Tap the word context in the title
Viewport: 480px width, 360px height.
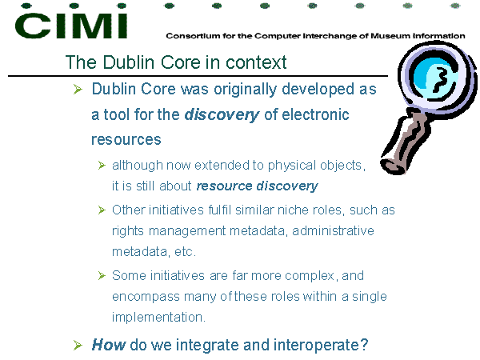(256, 62)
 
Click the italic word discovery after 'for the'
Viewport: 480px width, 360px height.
(222, 115)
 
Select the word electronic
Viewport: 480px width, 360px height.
(315, 114)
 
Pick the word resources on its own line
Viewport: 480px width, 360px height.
(126, 140)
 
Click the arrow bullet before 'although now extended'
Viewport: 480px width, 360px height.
(102, 166)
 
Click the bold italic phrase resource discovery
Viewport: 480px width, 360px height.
(257, 186)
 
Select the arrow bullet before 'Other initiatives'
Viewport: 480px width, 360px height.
(102, 210)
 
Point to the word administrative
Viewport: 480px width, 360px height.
(333, 231)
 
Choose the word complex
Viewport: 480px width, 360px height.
(310, 276)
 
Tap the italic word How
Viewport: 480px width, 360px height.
(108, 345)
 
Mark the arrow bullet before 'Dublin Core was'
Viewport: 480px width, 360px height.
(78, 90)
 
